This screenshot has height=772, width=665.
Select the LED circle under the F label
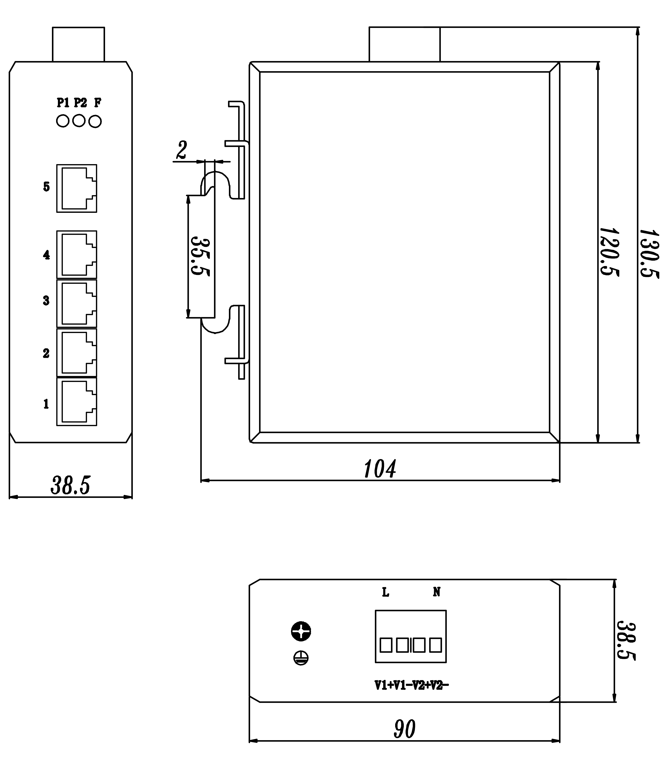pos(96,122)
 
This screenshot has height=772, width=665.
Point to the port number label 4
pos(46,255)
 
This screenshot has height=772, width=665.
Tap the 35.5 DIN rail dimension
pos(201,256)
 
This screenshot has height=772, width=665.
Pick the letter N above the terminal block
pos(437,592)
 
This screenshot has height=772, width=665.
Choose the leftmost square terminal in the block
pos(386,645)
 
